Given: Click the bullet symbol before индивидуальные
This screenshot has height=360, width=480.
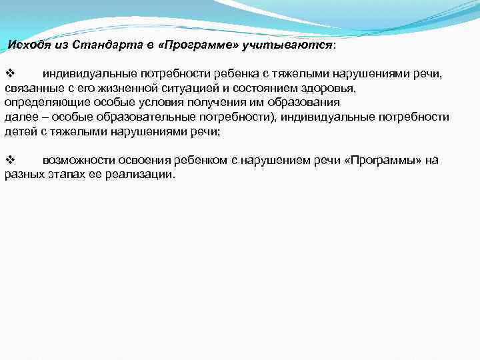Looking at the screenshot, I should pyautogui.click(x=9, y=73).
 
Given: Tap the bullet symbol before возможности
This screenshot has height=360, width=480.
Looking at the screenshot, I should pyautogui.click(x=9, y=161).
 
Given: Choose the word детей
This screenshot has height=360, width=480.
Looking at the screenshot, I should pyautogui.click(x=19, y=131).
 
